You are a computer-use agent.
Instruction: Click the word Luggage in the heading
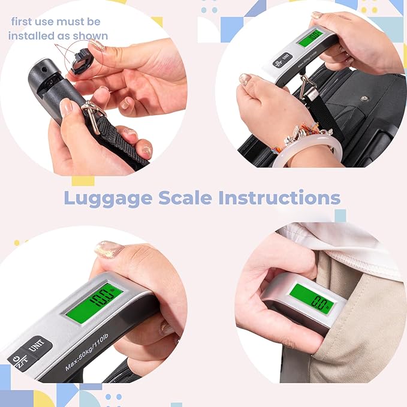point(105,197)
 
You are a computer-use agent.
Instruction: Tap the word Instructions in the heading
point(280,197)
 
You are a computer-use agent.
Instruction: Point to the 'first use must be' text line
point(56,22)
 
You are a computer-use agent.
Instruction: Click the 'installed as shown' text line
point(58,35)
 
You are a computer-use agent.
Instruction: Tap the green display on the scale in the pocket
point(312,298)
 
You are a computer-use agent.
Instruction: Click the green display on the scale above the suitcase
point(311,38)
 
